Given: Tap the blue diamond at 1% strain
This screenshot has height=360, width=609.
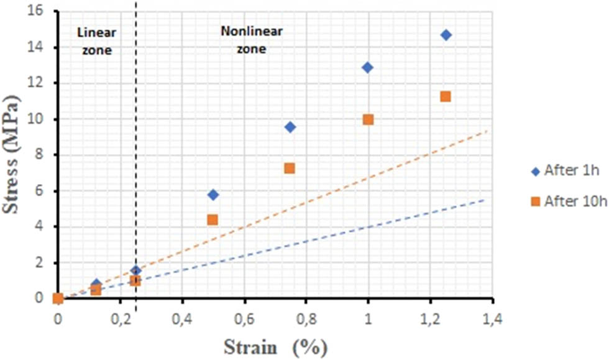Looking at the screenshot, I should click(367, 67).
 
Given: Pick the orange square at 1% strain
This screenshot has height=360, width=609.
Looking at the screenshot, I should click(368, 119).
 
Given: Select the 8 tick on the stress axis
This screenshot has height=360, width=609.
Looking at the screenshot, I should click(45, 155).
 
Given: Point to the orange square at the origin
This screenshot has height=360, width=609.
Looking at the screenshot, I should click(58, 298).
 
